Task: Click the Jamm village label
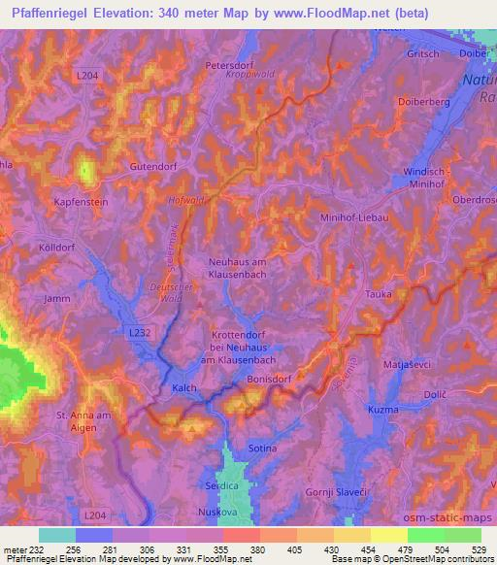coord(58,299)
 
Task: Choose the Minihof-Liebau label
coord(356,217)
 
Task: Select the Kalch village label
coord(184,388)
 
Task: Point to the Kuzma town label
coord(384,413)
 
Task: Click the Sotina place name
coord(262,449)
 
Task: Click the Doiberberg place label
coord(422,100)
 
